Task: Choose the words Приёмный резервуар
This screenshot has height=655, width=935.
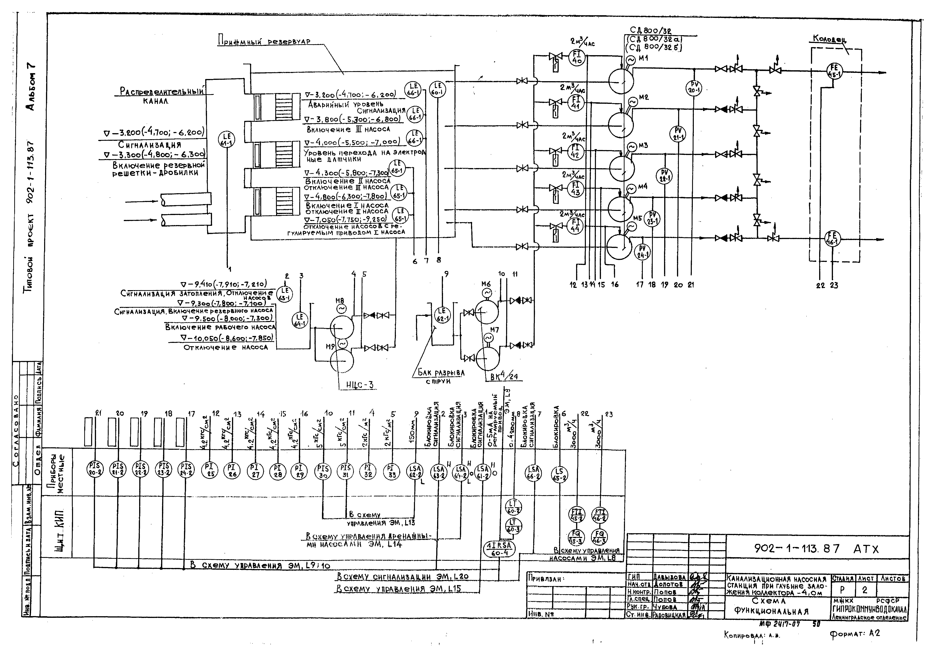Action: point(264,41)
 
